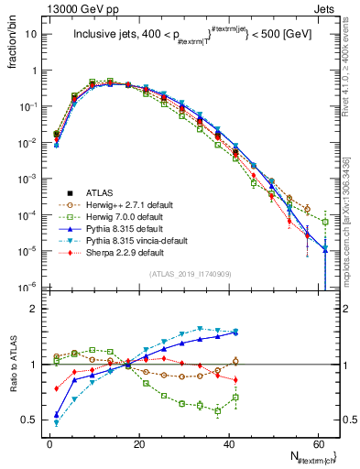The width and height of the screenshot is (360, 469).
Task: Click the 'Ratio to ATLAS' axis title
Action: (x=11, y=361)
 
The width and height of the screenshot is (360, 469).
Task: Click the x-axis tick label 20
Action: (x=138, y=442)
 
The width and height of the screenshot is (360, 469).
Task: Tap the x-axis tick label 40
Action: (x=228, y=442)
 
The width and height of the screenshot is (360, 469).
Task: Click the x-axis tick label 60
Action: (x=317, y=442)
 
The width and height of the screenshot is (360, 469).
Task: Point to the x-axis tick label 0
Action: (x=49, y=442)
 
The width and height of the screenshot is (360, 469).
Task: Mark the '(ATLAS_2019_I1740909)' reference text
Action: (x=189, y=273)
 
